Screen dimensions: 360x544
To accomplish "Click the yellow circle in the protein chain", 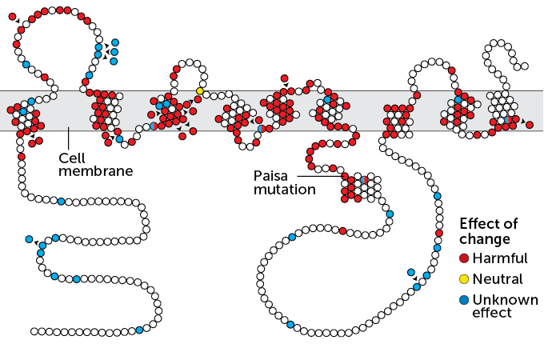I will coord(200,90).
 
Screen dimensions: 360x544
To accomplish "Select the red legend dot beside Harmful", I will coord(464,258).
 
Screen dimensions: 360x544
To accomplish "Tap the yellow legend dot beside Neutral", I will coord(464,279).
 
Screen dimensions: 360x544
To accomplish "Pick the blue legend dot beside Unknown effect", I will coord(464,300).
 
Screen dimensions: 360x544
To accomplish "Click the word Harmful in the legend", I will coord(500,258).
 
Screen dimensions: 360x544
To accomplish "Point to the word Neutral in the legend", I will coord(497,279).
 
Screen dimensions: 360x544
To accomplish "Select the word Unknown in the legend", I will coord(501,300).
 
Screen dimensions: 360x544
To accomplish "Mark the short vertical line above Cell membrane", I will coord(69,137).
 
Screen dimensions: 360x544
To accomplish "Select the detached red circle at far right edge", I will coord(530,125).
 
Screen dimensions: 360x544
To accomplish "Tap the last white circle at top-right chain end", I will coord(525,66).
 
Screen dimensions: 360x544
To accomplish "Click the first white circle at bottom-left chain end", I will coord(34,330).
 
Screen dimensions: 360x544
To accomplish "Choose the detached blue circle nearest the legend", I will coord(410,272).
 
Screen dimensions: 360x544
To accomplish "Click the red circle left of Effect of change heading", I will coord(438,233).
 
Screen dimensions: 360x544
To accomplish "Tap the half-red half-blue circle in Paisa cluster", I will coord(363,179).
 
